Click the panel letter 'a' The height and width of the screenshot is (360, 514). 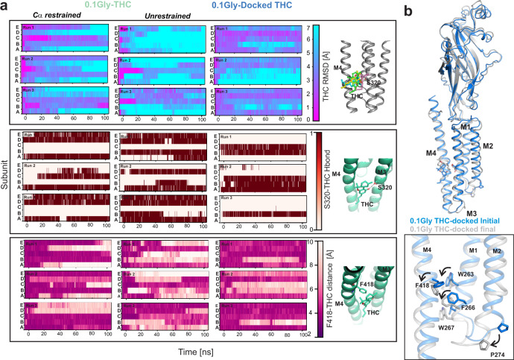tap(4, 6)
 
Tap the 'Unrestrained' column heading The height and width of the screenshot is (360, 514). tap(150, 15)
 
